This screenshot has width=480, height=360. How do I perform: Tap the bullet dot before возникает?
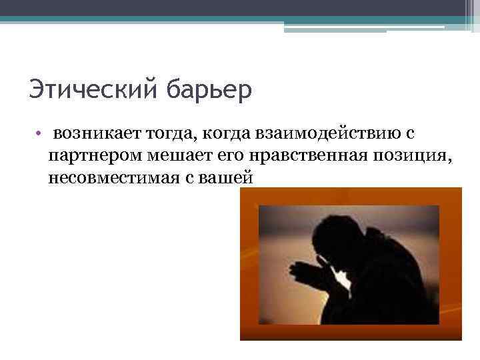click(x=40, y=134)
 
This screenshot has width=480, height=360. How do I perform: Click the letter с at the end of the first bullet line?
click(x=409, y=134)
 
